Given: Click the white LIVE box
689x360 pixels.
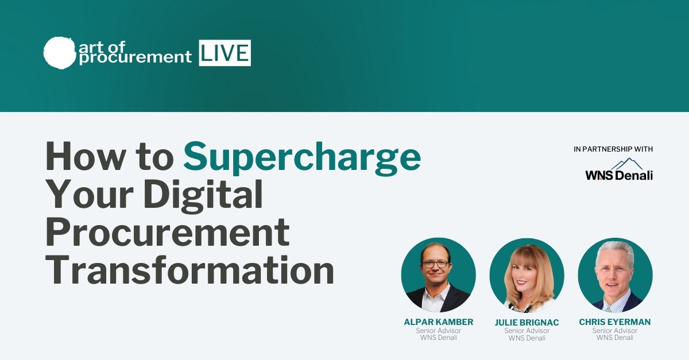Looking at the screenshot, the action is (x=225, y=53).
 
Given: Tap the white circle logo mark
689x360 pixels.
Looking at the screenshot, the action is (x=59, y=52).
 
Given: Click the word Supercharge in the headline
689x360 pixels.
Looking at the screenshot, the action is (x=302, y=158).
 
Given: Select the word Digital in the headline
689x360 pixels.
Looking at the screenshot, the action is (x=203, y=195).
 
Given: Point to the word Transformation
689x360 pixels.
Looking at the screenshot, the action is (x=190, y=270).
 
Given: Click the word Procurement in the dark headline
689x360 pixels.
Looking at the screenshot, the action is (x=168, y=232).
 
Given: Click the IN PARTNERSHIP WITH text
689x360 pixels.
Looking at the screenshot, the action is (x=613, y=149).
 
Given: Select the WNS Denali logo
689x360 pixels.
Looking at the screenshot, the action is (x=619, y=169).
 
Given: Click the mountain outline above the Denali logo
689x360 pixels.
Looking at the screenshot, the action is (x=627, y=164).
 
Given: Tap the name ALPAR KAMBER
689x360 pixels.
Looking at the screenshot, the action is (x=438, y=322).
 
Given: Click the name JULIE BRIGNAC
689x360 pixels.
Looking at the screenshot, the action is (x=527, y=322).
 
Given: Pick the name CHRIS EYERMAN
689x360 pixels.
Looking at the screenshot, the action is (x=614, y=322).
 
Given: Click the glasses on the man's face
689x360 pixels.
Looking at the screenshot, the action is (x=435, y=264).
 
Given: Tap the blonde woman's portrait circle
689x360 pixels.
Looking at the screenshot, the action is (x=527, y=275).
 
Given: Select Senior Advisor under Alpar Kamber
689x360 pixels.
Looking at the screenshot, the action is (x=438, y=331).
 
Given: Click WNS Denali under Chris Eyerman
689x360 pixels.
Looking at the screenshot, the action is (x=614, y=338).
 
